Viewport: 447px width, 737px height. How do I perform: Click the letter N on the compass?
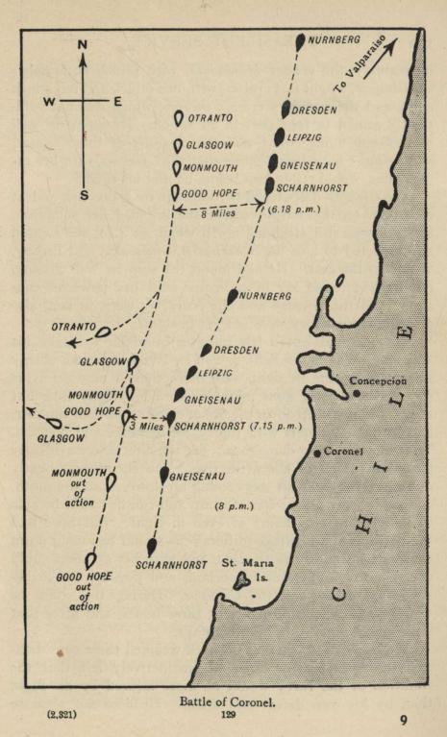click(84, 45)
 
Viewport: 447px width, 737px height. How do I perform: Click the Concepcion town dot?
click(356, 392)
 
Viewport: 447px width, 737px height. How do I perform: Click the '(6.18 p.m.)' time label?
click(294, 208)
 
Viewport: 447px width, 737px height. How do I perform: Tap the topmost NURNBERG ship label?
click(335, 39)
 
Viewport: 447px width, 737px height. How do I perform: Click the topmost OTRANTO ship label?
click(210, 118)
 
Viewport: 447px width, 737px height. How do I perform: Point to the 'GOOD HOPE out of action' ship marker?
click(90, 559)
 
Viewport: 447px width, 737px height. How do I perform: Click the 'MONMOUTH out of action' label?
click(75, 487)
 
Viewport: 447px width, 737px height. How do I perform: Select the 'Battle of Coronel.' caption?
click(228, 701)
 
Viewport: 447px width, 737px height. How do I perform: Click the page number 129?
click(228, 716)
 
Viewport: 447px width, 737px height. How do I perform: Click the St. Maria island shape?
click(246, 579)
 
